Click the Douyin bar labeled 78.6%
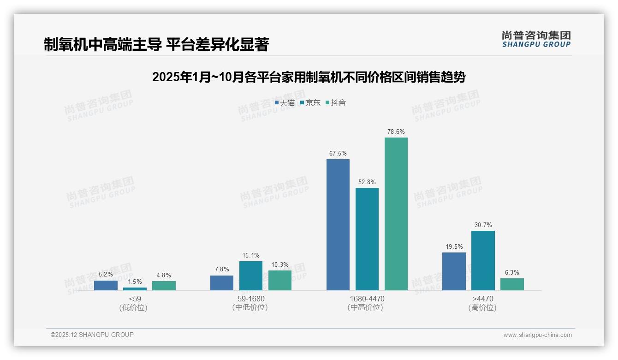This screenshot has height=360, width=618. tap(396, 214)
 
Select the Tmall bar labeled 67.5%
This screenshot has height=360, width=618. tap(338, 225)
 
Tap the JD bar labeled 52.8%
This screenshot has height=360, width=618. tap(367, 239)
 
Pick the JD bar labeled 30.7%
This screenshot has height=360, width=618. tap(483, 260)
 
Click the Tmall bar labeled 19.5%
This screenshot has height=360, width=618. tap(454, 271)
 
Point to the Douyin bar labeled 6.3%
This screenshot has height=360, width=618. tap(512, 284)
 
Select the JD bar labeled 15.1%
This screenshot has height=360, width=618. tap(250, 276)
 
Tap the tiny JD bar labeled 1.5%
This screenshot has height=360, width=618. tap(135, 289)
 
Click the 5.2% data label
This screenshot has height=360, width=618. tap(106, 274)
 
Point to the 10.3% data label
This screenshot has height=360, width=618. tap(280, 264)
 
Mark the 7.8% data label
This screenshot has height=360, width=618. tap(222, 269)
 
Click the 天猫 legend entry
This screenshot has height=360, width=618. tap(285, 103)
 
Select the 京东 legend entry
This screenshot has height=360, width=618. tap(310, 103)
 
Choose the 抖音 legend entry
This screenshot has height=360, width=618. tap(336, 103)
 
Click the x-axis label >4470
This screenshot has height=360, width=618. tap(482, 299)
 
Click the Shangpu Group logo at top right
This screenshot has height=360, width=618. tap(536, 39)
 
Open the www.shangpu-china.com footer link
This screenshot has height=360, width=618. tap(537, 335)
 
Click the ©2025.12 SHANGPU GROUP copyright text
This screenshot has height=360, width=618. tap(92, 335)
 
